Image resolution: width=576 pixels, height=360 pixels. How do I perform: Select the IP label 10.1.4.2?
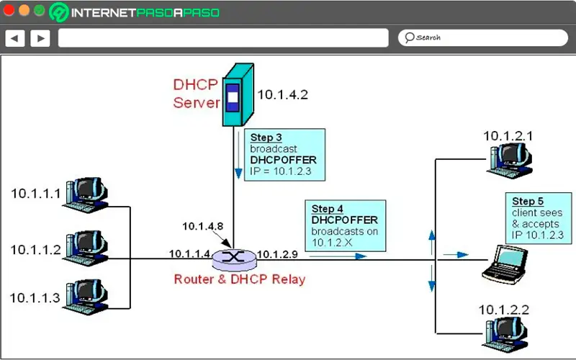coord(283,94)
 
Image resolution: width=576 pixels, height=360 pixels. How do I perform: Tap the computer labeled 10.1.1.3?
coord(86,295)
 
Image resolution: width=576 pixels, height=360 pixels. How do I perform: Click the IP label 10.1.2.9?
coord(277,254)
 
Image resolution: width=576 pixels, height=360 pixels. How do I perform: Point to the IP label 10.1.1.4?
coord(189,254)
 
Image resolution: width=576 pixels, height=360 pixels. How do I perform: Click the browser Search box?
coord(478,37)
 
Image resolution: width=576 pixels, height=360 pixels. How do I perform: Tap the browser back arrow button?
coord(15,37)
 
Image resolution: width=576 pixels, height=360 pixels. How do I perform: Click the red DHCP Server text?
coord(196,93)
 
